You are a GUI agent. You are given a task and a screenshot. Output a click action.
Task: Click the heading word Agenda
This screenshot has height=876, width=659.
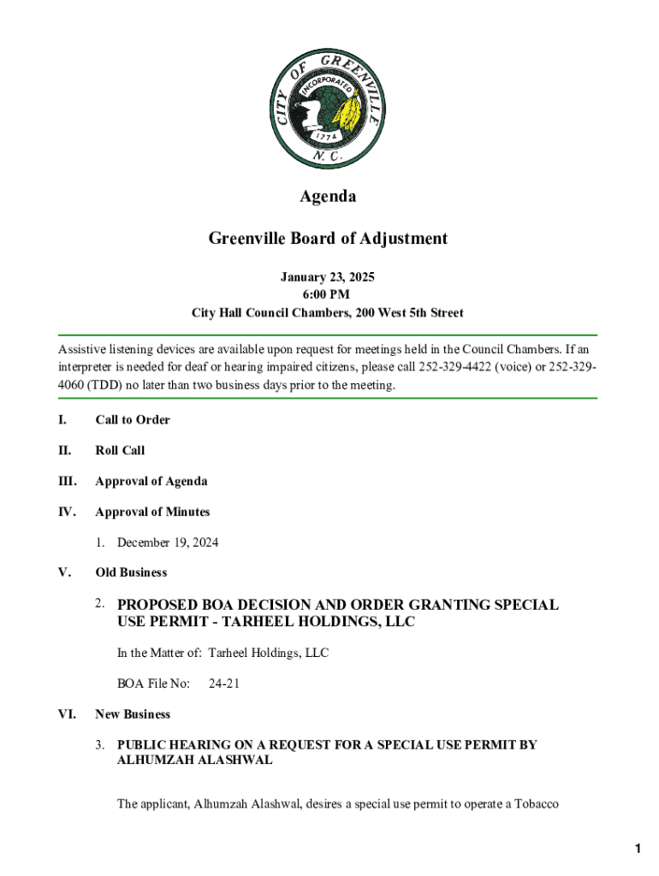pyautogui.click(x=328, y=197)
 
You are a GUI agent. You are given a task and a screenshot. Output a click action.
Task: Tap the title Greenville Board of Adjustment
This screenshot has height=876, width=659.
pyautogui.click(x=328, y=239)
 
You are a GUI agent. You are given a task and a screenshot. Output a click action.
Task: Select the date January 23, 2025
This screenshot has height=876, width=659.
pyautogui.click(x=328, y=277)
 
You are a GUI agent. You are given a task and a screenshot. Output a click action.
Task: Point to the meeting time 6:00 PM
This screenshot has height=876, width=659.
pyautogui.click(x=328, y=295)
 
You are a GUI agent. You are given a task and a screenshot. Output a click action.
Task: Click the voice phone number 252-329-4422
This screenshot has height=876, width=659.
pyautogui.click(x=450, y=367)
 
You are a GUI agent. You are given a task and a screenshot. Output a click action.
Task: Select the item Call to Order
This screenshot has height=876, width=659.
pyautogui.click(x=133, y=420)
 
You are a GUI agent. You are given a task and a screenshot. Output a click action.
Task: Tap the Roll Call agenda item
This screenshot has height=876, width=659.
pyautogui.click(x=120, y=451)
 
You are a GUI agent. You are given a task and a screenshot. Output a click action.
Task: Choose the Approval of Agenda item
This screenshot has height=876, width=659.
pyautogui.click(x=151, y=482)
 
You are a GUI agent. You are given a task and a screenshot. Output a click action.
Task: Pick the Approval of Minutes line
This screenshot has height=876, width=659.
pyautogui.click(x=152, y=512)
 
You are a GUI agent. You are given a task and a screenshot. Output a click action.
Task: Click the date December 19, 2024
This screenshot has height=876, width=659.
pyautogui.click(x=168, y=542)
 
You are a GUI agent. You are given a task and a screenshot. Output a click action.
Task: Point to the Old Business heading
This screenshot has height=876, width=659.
pyautogui.click(x=131, y=572)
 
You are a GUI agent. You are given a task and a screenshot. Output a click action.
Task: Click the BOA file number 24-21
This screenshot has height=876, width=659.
pyautogui.click(x=223, y=684)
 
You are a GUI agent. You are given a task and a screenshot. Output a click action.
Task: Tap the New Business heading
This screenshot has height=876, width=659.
pyautogui.click(x=133, y=714)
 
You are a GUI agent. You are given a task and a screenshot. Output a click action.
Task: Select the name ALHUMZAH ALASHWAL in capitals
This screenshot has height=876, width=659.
pyautogui.click(x=195, y=760)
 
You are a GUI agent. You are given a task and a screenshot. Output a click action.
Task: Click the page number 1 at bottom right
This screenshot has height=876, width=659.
pyautogui.click(x=638, y=849)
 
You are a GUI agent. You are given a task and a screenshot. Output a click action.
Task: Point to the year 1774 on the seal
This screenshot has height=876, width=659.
pyautogui.click(x=328, y=136)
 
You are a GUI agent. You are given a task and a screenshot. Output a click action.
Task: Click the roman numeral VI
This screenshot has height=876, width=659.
pyautogui.click(x=67, y=714)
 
